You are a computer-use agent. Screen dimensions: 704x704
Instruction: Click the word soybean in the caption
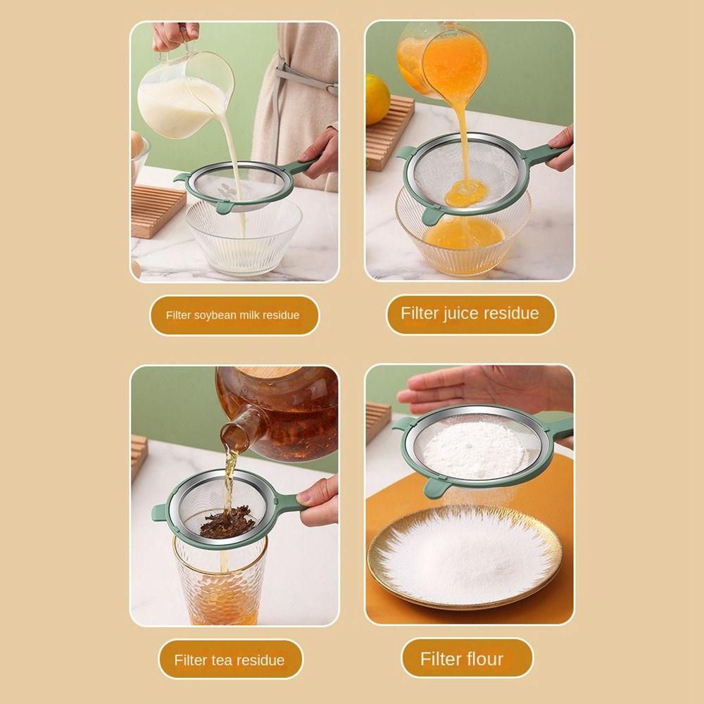point(215,315)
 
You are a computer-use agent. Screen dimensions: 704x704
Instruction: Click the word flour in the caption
point(481,659)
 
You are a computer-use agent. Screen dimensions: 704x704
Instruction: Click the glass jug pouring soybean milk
point(184,94)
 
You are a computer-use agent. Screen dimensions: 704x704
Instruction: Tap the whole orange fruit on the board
point(377,99)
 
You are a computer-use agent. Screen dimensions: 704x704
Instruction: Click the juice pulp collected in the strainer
point(466,193)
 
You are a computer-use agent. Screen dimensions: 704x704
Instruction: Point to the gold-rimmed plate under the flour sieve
point(465,557)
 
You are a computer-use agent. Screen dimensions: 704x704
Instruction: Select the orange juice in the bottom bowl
point(463,234)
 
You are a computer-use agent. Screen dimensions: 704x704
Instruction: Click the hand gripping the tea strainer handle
point(320,501)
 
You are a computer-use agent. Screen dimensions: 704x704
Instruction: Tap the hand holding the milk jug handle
point(175,36)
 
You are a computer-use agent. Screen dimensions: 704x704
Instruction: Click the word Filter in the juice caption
point(420,313)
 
